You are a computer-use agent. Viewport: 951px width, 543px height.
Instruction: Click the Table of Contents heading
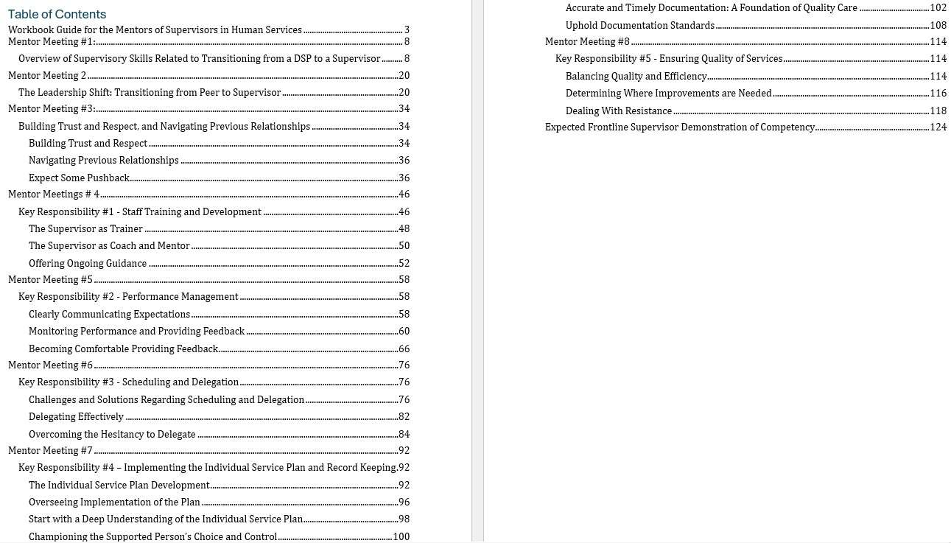(57, 14)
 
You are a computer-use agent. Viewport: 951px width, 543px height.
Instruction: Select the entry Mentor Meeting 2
(47, 75)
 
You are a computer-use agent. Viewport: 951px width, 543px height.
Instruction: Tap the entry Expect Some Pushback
(79, 178)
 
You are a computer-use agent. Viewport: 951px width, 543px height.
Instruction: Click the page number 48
(404, 228)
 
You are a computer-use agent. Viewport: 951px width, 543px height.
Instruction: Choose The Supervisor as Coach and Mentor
(109, 245)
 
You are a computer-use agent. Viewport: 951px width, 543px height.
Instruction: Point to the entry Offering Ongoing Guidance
(88, 263)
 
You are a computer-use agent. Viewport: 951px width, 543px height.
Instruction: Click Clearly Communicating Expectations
(109, 314)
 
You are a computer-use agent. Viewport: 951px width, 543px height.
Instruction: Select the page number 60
(404, 331)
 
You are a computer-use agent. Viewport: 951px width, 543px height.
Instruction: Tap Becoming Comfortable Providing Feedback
(123, 348)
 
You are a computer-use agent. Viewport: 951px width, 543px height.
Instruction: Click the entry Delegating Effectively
(76, 416)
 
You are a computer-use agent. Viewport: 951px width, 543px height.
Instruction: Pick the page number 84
(404, 434)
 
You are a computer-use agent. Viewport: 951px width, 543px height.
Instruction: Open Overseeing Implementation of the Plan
(114, 502)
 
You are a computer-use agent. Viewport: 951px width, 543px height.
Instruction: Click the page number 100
(401, 536)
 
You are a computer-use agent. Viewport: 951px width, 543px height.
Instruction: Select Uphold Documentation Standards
(640, 25)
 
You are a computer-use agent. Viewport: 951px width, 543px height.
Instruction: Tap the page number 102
(938, 7)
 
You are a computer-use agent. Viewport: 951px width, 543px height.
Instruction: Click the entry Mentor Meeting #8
(587, 41)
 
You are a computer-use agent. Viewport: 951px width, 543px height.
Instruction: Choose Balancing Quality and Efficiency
(636, 76)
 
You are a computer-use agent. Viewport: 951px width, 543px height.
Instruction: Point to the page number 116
(938, 93)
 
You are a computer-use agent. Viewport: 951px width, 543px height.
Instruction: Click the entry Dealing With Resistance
(619, 111)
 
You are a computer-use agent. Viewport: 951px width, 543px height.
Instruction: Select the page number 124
(938, 127)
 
